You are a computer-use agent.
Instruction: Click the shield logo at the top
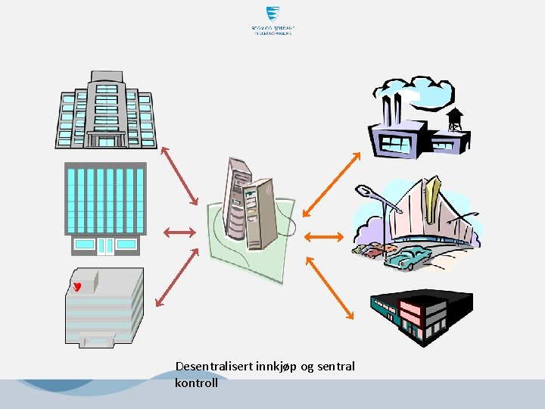pos(272,14)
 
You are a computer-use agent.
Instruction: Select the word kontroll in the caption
pos(196,383)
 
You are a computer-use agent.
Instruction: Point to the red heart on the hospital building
pos(77,286)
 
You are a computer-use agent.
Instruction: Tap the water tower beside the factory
pos(455,118)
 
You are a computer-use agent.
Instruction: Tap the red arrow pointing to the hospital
pos(176,279)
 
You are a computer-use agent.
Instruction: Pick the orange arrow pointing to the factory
pos(332,182)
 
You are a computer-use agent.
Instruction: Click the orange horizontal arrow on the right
pos(325,236)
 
